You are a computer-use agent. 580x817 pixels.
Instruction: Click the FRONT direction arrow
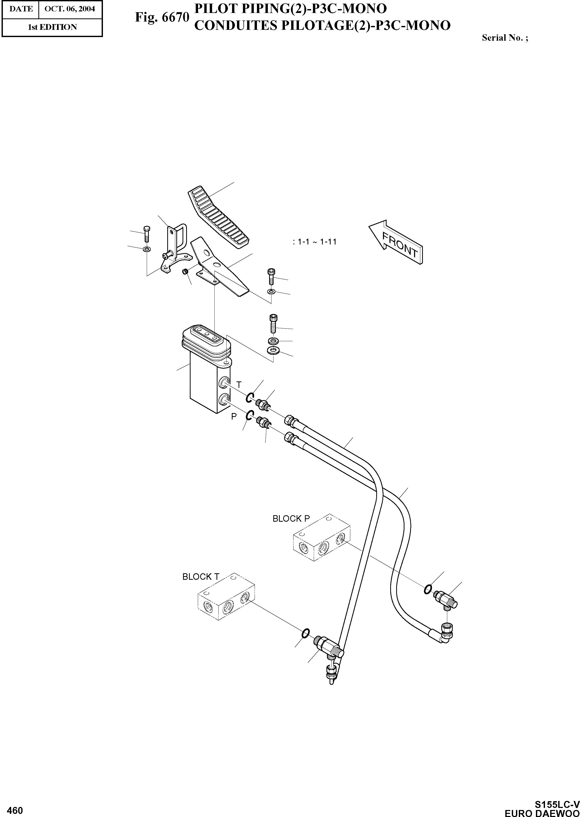tap(396, 242)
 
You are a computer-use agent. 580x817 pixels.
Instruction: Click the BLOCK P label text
tap(291, 519)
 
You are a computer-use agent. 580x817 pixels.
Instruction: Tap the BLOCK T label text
tap(201, 577)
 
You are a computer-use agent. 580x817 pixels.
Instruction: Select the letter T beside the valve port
tap(239, 385)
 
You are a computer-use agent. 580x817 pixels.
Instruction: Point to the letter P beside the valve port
tap(234, 416)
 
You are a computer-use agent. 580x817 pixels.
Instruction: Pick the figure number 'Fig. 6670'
tap(162, 17)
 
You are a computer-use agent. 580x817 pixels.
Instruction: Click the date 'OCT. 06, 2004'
tap(70, 9)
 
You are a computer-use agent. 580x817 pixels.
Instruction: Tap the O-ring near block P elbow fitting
tap(428, 589)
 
